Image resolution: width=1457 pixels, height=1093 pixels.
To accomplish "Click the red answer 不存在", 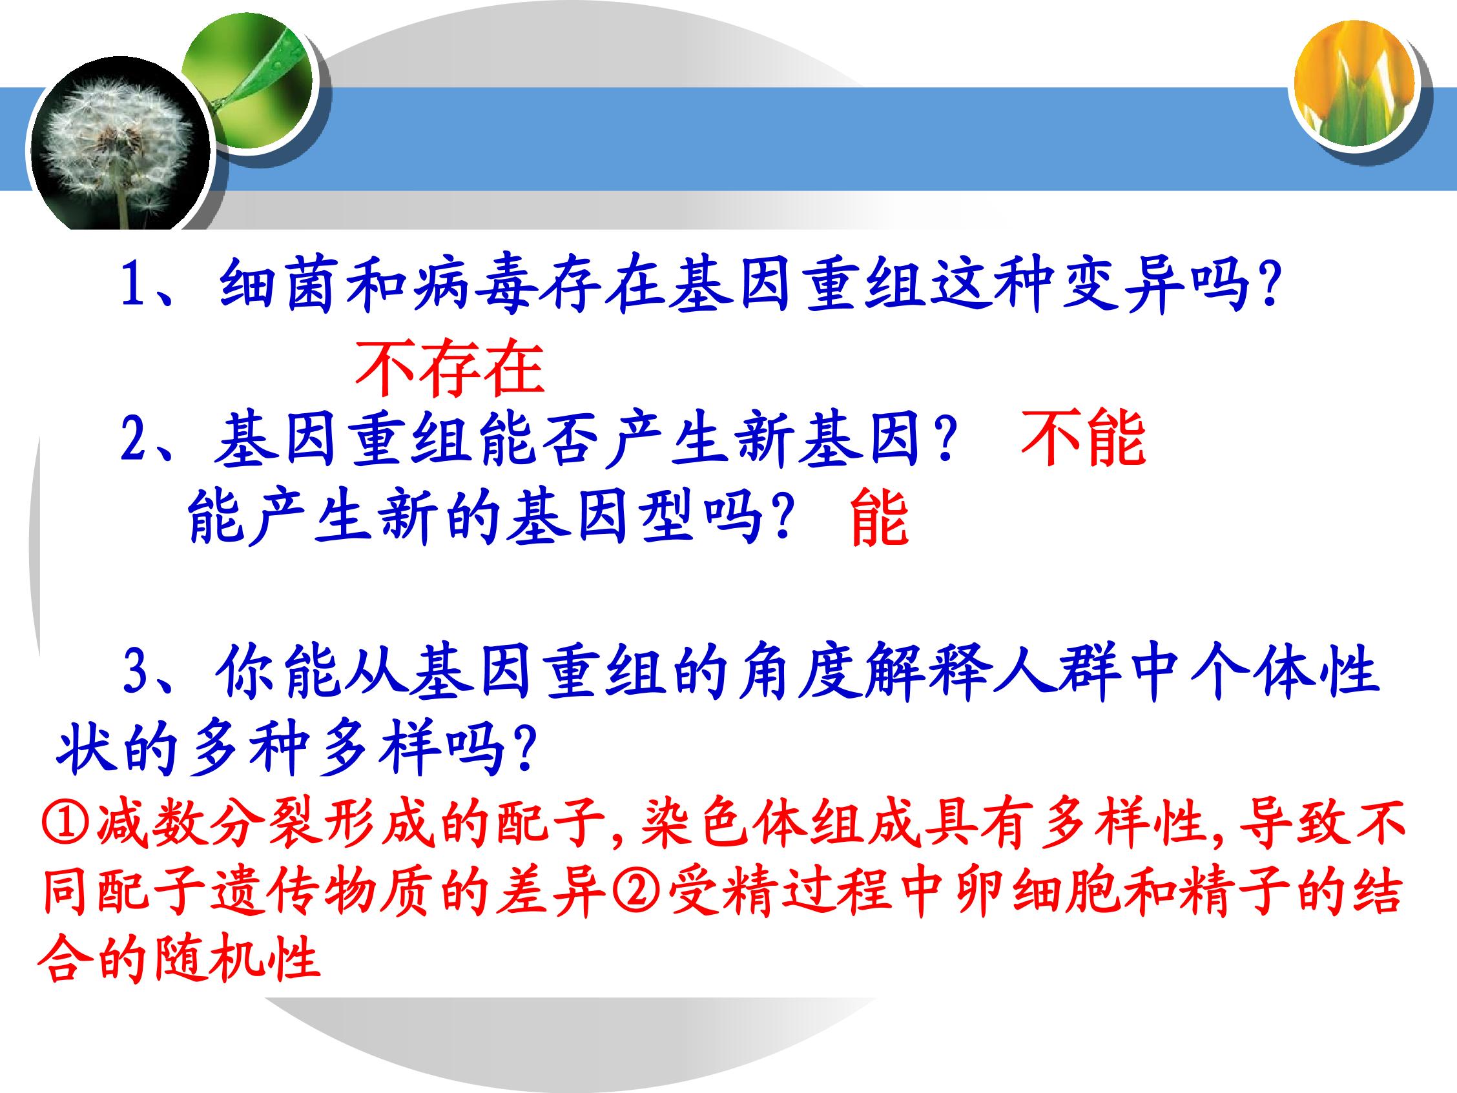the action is tap(450, 368).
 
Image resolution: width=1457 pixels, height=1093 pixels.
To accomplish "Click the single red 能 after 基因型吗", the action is tap(879, 520).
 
